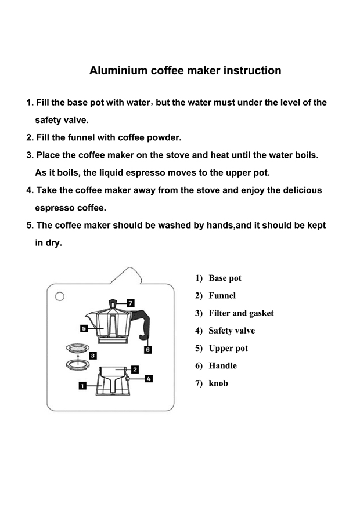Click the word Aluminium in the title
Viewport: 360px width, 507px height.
pyautogui.click(x=118, y=71)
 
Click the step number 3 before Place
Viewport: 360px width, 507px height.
pyautogui.click(x=29, y=155)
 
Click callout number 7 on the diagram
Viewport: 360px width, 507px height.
pyautogui.click(x=131, y=303)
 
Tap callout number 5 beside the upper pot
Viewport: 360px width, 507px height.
pyautogui.click(x=84, y=328)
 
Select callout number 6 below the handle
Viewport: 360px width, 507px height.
pyautogui.click(x=148, y=349)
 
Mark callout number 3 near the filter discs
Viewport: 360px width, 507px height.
pyautogui.click(x=93, y=355)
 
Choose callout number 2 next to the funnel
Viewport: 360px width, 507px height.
pyautogui.click(x=135, y=369)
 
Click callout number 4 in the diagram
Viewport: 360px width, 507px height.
pyautogui.click(x=149, y=378)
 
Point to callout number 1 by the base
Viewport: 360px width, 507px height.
pyautogui.click(x=82, y=384)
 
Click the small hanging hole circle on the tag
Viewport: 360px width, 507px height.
pyautogui.click(x=59, y=297)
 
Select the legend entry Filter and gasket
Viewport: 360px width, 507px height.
pyautogui.click(x=240, y=313)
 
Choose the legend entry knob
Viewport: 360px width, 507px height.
pyautogui.click(x=218, y=383)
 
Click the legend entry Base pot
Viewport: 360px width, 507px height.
pyautogui.click(x=225, y=278)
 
